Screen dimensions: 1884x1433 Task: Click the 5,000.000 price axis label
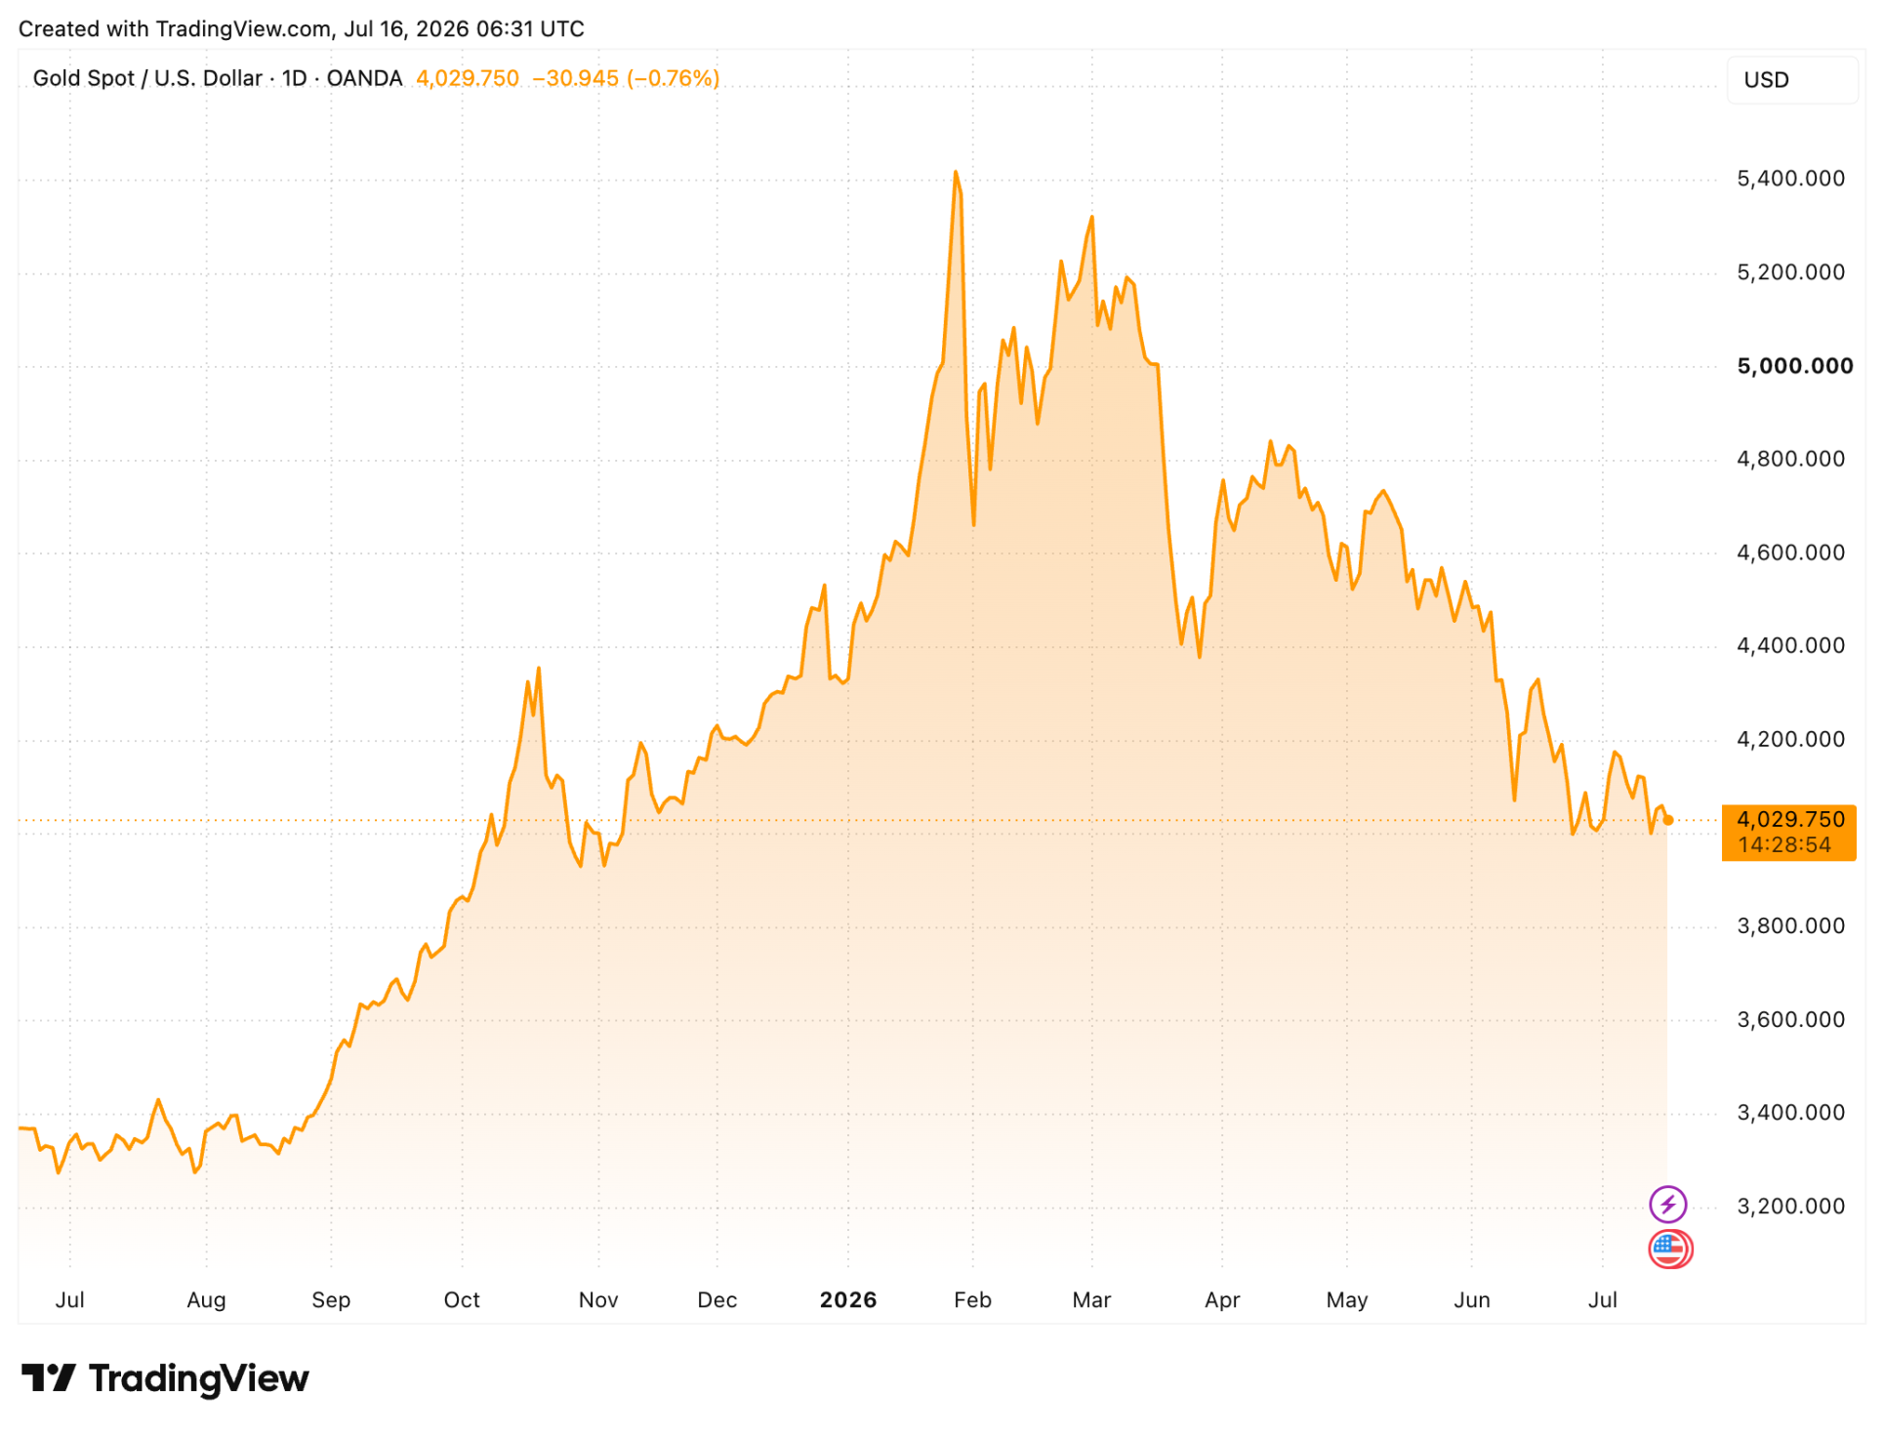click(x=1794, y=366)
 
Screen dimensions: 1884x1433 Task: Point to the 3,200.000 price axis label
click(x=1790, y=1206)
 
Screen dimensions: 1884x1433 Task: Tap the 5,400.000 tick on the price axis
click(x=1790, y=179)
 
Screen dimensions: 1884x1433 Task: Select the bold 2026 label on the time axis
click(x=848, y=1299)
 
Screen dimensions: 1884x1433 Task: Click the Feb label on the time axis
click(x=972, y=1299)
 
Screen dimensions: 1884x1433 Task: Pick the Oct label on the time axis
click(x=462, y=1299)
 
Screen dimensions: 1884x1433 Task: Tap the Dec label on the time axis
click(x=717, y=1299)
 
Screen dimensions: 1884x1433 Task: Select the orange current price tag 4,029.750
click(x=1788, y=832)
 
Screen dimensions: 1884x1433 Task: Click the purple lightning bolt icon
click(x=1667, y=1204)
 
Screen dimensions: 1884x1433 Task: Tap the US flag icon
click(x=1670, y=1249)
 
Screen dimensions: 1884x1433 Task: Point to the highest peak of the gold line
click(x=956, y=173)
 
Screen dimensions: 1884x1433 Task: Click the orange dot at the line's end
click(x=1668, y=820)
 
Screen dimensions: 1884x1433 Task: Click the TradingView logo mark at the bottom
click(x=48, y=1377)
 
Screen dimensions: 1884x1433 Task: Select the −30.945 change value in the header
click(x=575, y=78)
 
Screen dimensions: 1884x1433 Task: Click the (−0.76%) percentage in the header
click(x=673, y=78)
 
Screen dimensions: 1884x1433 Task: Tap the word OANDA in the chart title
click(x=364, y=78)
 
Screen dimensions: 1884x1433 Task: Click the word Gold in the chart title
click(x=56, y=78)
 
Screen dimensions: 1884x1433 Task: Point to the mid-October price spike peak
click(x=539, y=670)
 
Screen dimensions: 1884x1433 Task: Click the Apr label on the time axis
click(x=1222, y=1300)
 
